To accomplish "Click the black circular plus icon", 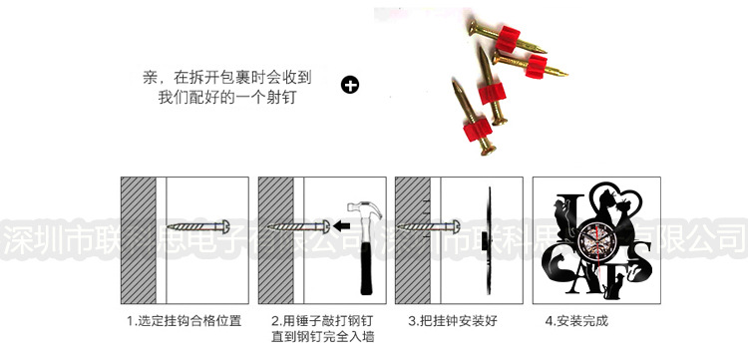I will coord(350,85).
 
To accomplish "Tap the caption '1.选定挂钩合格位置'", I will coord(184,321).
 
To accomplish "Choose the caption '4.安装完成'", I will coord(576,321).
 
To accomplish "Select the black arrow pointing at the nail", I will coord(343,224).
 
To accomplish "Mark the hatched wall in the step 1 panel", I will coord(141,239).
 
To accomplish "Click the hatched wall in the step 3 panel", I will coord(412,239).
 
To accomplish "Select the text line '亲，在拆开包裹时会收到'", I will coord(228,76).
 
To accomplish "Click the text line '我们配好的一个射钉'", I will coord(228,98).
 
